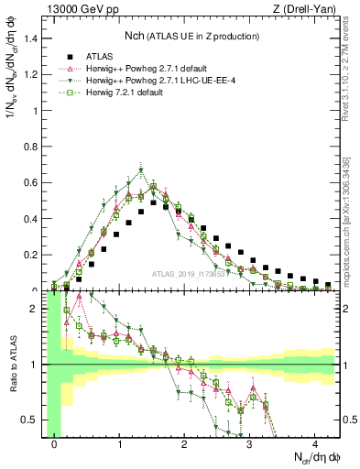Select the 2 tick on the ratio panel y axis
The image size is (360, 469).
pyautogui.click(x=37, y=310)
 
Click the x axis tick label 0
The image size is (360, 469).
pyautogui.click(x=55, y=445)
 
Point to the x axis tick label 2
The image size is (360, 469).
pyautogui.click(x=185, y=445)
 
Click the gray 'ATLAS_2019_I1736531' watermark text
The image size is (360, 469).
pyautogui.click(x=190, y=274)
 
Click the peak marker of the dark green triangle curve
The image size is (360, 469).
pyautogui.click(x=141, y=169)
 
